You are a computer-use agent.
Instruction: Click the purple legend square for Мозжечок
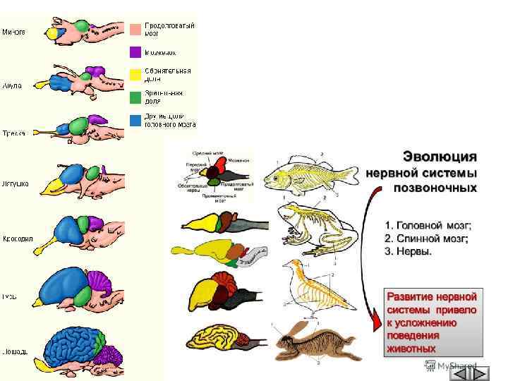point(135,52)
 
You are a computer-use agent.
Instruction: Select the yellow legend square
point(135,75)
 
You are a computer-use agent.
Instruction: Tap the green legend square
point(135,97)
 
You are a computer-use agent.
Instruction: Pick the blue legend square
point(135,120)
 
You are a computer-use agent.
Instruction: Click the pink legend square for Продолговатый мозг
point(135,29)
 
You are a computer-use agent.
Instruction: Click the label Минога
point(13,31)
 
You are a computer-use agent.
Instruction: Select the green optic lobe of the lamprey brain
point(81,27)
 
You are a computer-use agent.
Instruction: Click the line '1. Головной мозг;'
point(428,225)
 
